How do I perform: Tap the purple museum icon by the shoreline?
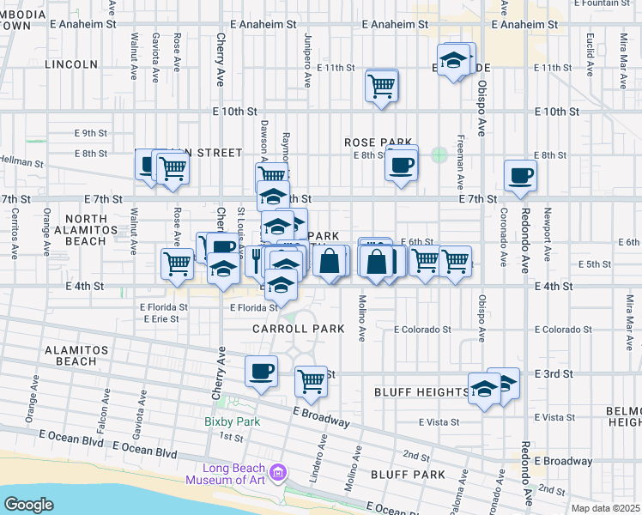pyautogui.click(x=276, y=473)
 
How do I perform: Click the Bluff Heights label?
pyautogui.click(x=421, y=392)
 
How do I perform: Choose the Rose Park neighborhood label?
pyautogui.click(x=379, y=142)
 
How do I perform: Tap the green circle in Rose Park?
pyautogui.click(x=439, y=154)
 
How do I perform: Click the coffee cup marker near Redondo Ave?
pyautogui.click(x=520, y=176)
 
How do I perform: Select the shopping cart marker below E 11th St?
pyautogui.click(x=380, y=85)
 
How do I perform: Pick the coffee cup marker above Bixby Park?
pyautogui.click(x=261, y=372)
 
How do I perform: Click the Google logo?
pyautogui.click(x=27, y=504)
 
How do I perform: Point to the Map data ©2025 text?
pyautogui.click(x=605, y=508)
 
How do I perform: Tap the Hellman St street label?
pyautogui.click(x=21, y=161)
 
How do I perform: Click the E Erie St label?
pyautogui.click(x=160, y=318)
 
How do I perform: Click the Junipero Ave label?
pyautogui.click(x=306, y=60)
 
